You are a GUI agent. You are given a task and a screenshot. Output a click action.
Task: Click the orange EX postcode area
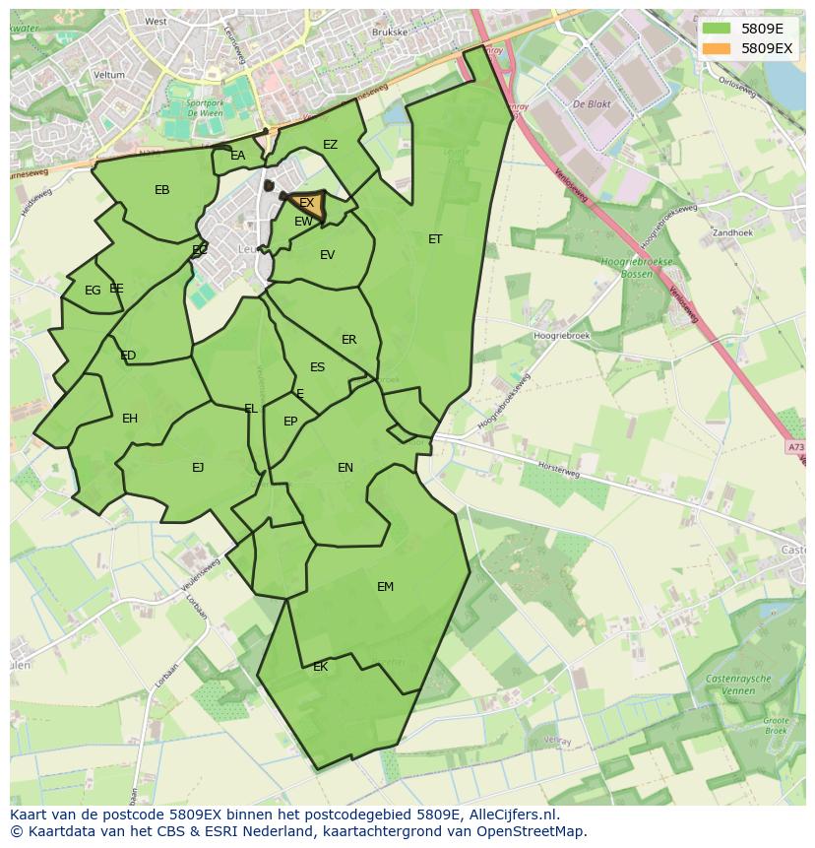(308, 205)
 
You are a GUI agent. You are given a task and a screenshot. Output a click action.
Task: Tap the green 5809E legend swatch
(717, 29)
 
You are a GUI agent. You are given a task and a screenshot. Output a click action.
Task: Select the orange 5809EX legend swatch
(717, 48)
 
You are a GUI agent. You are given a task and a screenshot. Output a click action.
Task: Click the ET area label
(435, 239)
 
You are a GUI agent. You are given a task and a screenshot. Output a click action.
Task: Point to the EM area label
(385, 587)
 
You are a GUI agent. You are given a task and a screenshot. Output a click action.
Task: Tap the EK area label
(320, 667)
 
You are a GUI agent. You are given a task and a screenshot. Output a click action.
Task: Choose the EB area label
(162, 190)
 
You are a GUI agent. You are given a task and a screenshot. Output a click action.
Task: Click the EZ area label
(330, 145)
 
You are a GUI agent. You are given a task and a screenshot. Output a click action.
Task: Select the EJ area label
(198, 468)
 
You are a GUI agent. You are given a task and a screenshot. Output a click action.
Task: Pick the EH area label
(130, 419)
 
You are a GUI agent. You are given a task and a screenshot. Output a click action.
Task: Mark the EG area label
(93, 291)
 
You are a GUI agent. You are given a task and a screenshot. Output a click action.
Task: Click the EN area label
(345, 468)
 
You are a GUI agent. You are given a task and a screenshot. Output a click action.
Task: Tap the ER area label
(348, 340)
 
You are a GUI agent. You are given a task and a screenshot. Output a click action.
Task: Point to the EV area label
(327, 255)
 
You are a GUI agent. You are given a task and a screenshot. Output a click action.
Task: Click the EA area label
(237, 156)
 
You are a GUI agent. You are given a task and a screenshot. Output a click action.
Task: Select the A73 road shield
(795, 447)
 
